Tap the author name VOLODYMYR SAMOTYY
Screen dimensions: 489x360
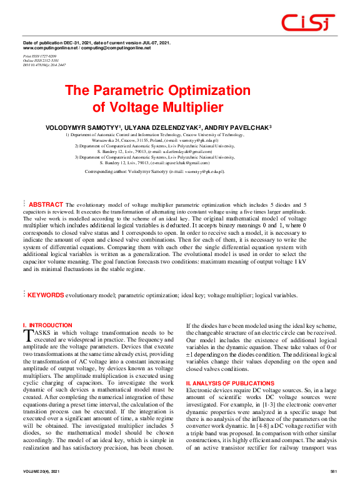(82, 127)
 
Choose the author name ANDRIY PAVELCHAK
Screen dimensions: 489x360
(237, 127)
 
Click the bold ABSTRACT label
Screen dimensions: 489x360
(46, 204)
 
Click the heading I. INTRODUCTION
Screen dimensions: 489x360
(47, 325)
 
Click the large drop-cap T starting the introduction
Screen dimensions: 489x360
(27, 336)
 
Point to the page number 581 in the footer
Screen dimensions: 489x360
(333, 470)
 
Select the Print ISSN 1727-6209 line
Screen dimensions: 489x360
(39, 56)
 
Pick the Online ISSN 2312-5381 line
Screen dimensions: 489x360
(41, 59)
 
